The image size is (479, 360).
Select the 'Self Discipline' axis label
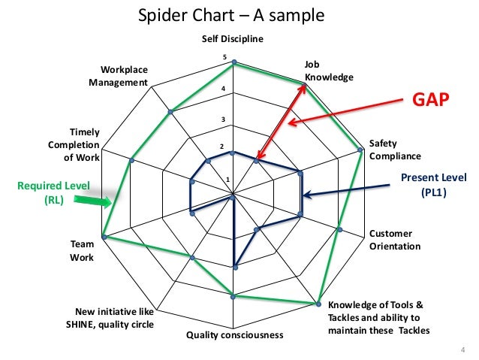233,39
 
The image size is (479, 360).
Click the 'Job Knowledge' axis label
328,71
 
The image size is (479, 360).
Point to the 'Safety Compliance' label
394,150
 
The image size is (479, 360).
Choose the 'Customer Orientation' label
395,240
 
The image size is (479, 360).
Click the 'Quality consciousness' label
235,334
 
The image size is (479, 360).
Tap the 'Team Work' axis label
82,251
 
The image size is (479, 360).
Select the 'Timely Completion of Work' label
74,145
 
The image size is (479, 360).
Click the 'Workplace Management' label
119,76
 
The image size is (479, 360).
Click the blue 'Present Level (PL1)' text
433,184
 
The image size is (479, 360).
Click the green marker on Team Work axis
104,237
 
